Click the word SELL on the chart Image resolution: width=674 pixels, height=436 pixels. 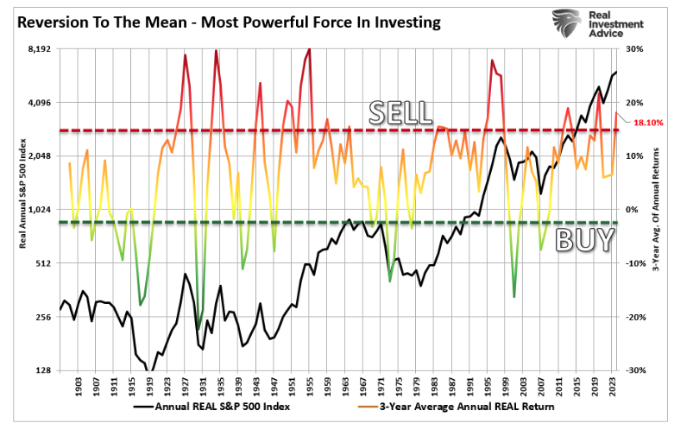[x=400, y=111]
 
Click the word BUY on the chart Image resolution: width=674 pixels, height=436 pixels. [x=585, y=240]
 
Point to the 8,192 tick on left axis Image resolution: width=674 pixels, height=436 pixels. [x=40, y=49]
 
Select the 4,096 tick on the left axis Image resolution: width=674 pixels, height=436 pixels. [x=40, y=103]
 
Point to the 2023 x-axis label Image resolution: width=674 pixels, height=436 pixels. [x=612, y=385]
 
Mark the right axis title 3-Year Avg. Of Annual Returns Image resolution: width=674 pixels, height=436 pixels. [x=655, y=210]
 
